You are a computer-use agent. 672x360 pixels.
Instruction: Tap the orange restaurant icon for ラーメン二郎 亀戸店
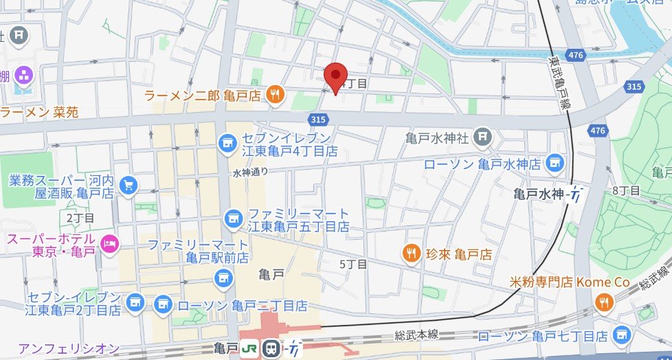click(275, 95)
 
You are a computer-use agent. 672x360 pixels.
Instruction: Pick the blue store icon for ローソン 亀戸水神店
click(555, 164)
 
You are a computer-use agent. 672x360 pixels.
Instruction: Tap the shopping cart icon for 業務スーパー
click(127, 184)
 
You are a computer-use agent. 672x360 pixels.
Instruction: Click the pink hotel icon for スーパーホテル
click(109, 243)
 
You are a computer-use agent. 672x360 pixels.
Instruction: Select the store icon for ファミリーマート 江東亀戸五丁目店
click(233, 219)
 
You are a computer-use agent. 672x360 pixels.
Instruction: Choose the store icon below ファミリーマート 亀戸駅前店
click(221, 278)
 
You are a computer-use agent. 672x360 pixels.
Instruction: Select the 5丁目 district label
click(354, 263)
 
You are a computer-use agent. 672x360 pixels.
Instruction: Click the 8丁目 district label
click(626, 190)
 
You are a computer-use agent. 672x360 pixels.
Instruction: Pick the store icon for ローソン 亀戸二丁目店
click(163, 303)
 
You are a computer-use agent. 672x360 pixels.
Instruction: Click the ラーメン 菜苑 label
click(39, 111)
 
